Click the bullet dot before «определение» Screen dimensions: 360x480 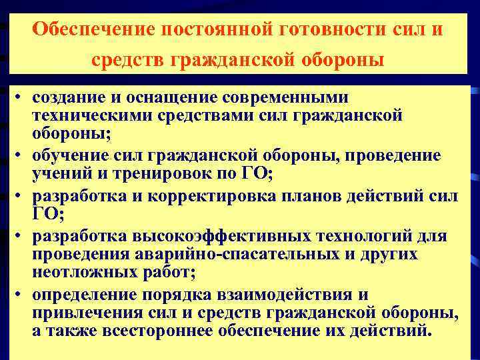point(21,295)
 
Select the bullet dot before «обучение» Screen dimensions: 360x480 point(21,156)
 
